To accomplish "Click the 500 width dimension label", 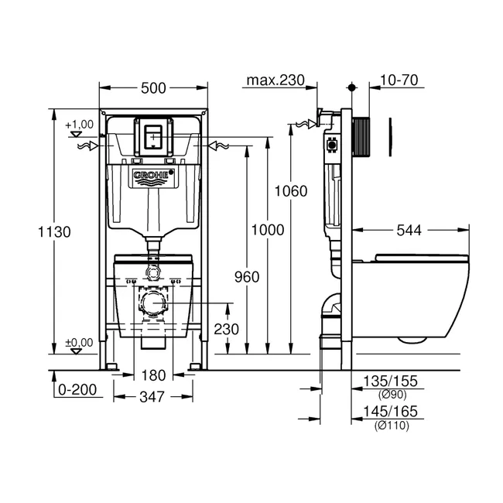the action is (153, 88).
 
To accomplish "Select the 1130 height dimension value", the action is (54, 232).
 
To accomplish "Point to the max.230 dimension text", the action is (275, 80).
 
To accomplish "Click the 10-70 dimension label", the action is (399, 80).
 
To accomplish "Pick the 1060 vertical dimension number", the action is (291, 191).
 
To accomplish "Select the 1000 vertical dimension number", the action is (268, 230).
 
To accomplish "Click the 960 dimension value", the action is (247, 277).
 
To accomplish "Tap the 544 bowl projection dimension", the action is (409, 231).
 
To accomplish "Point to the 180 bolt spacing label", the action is (153, 375).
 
